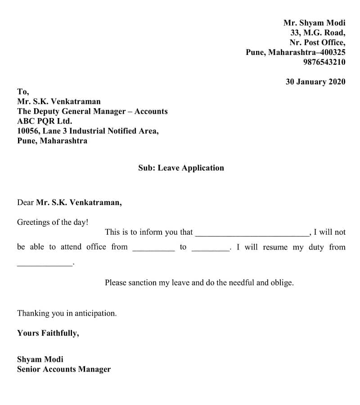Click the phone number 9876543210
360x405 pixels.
click(x=324, y=62)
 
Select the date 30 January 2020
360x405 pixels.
click(x=315, y=82)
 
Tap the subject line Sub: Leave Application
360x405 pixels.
click(x=181, y=168)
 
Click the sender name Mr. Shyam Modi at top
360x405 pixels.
click(x=314, y=23)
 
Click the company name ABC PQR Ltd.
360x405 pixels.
click(x=45, y=121)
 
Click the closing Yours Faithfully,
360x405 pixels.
click(x=48, y=333)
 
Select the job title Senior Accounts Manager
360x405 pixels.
click(x=64, y=369)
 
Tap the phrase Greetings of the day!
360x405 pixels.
click(x=53, y=222)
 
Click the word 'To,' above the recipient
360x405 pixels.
click(x=23, y=91)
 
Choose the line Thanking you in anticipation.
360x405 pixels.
click(x=67, y=313)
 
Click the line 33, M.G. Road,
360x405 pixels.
click(x=318, y=32)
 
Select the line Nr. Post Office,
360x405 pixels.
click(x=317, y=42)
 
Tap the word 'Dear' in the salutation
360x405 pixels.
click(x=25, y=203)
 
